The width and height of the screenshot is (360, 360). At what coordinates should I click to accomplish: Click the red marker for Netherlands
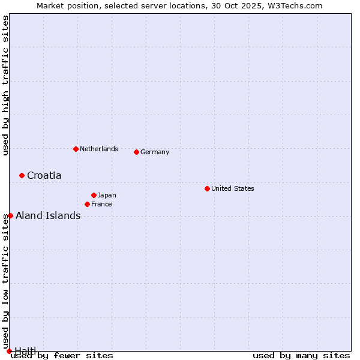click(76, 149)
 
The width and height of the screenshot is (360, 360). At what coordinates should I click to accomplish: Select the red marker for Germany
click(136, 152)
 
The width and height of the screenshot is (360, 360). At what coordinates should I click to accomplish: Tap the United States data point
click(207, 188)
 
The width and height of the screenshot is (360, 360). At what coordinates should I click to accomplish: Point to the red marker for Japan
click(94, 195)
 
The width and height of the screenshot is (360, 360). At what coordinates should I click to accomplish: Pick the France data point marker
click(87, 204)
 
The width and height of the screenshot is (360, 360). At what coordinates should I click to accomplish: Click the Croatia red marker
click(22, 175)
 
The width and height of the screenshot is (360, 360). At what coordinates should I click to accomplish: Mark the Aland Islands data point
click(10, 215)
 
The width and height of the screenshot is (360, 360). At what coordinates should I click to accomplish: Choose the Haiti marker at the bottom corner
click(9, 351)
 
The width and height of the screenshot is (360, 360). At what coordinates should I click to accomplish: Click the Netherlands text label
click(99, 149)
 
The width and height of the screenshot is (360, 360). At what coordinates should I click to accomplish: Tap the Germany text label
click(155, 152)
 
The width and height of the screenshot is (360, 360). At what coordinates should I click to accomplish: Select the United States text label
click(233, 188)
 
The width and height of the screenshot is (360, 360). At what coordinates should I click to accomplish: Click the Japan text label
click(107, 195)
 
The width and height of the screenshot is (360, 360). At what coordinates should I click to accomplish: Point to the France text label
click(101, 204)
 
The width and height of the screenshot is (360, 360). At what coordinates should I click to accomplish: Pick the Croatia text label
click(44, 175)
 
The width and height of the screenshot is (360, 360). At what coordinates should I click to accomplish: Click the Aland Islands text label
click(48, 215)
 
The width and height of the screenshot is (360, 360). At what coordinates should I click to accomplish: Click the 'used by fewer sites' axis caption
click(62, 356)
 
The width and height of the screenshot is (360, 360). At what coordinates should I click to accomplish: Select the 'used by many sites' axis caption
click(301, 356)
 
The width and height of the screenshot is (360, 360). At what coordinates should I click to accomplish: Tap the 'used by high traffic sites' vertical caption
click(5, 85)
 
